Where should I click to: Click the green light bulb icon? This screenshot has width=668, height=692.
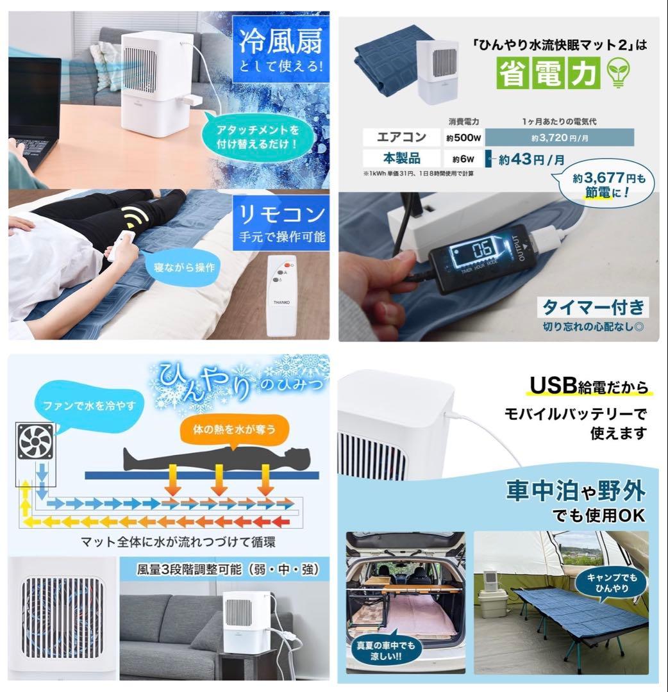(x=619, y=73)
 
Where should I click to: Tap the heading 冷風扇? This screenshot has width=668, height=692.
(x=281, y=41)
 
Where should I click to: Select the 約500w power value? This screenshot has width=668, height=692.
(x=463, y=138)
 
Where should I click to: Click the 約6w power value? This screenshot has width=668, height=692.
(x=463, y=159)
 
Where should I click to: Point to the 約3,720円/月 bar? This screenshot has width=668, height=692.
(x=560, y=138)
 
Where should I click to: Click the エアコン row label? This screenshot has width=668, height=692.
(x=401, y=137)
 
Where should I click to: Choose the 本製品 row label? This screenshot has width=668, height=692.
(x=401, y=158)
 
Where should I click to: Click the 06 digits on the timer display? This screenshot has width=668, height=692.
(x=482, y=250)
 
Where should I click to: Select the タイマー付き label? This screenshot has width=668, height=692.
(x=593, y=307)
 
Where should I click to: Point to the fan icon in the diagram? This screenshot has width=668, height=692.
(x=35, y=441)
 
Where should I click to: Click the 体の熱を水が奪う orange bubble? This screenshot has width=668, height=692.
(x=235, y=429)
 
